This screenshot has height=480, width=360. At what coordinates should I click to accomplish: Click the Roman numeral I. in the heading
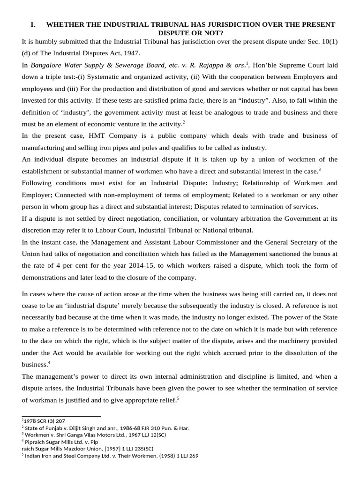pyautogui.click(x=33, y=24)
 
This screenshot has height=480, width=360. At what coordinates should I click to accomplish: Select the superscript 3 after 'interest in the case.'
pyautogui.click(x=320, y=169)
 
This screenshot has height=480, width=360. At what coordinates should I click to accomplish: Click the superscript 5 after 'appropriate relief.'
pyautogui.click(x=179, y=398)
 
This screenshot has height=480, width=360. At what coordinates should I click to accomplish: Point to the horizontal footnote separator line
pyautogui.click(x=61, y=416)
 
